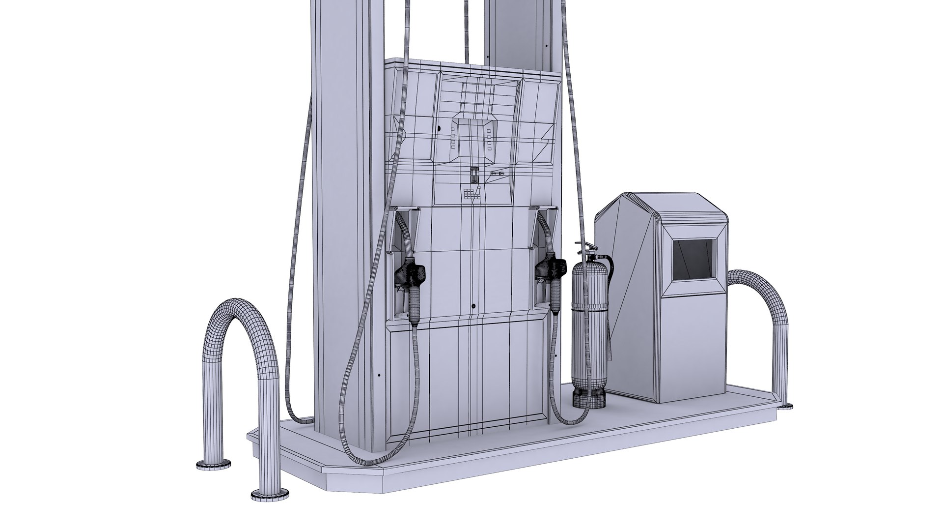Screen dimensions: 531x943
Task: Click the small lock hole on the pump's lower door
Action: click(x=473, y=306)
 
